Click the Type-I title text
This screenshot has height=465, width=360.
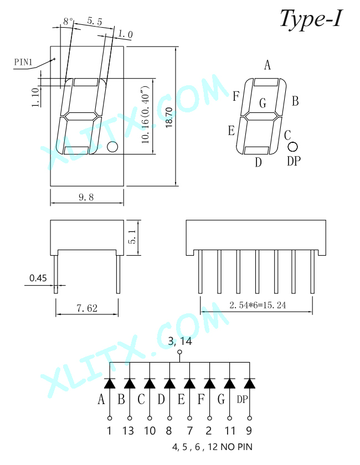311,19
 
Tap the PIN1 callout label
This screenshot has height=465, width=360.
23,62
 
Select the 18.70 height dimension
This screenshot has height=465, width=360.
169,117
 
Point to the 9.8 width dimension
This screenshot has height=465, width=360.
86,197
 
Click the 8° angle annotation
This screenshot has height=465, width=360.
68,22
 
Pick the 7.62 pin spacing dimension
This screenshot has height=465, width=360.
87,308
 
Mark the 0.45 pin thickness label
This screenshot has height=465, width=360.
38,278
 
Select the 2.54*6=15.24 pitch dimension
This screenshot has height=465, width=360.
258,305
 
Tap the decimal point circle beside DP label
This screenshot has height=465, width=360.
292,147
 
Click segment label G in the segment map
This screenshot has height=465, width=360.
263,103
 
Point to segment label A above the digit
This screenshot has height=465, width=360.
268,65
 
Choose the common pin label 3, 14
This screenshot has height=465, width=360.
180,341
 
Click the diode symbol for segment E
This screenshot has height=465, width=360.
189,383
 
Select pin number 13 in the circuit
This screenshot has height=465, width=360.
128,431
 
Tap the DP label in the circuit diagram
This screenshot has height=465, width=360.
242,400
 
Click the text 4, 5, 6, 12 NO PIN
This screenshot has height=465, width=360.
212,447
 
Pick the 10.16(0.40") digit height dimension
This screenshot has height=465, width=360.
146,115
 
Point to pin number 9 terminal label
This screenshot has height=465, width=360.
249,431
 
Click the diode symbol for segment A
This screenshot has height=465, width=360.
110,383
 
